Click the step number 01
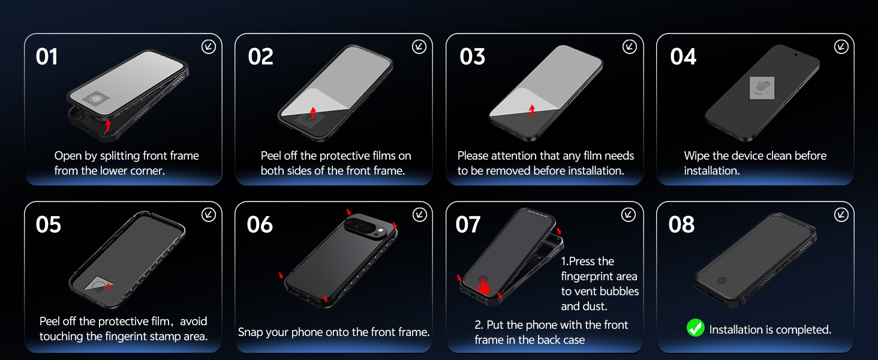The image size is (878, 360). pyautogui.click(x=47, y=57)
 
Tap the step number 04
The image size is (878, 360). pyautogui.click(x=683, y=57)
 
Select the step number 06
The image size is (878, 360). pyautogui.click(x=260, y=225)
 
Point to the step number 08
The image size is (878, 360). pyautogui.click(x=681, y=225)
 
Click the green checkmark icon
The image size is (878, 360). pyautogui.click(x=695, y=328)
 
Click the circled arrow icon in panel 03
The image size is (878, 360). pyautogui.click(x=629, y=47)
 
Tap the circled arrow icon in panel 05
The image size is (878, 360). pyautogui.click(x=208, y=215)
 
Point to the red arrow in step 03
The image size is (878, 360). pyautogui.click(x=531, y=110)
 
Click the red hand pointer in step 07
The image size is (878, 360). pyautogui.click(x=484, y=287)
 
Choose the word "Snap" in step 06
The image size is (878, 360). pyautogui.click(x=251, y=332)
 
